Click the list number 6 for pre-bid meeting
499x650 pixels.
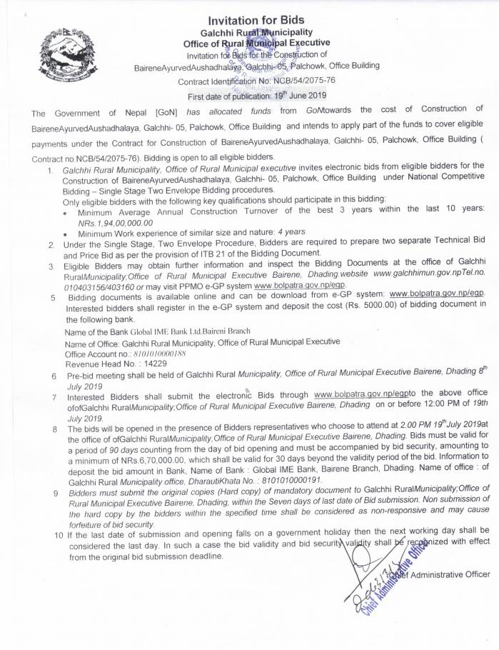[x=54, y=376]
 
